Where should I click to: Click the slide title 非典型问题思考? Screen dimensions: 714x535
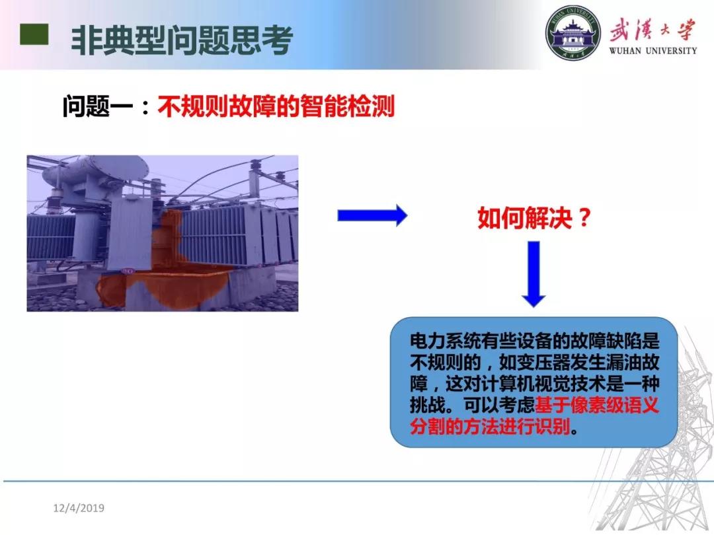pyautogui.click(x=182, y=40)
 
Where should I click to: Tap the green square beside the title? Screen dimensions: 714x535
pyautogui.click(x=34, y=34)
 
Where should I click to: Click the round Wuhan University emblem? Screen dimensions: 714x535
pyautogui.click(x=573, y=33)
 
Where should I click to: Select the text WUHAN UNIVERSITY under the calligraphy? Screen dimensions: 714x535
pyautogui.click(x=653, y=50)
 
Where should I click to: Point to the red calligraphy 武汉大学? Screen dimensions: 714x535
pyautogui.click(x=653, y=30)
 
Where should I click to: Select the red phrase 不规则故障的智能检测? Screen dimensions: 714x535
pyautogui.click(x=276, y=106)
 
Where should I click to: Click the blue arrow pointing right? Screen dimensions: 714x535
pyautogui.click(x=372, y=215)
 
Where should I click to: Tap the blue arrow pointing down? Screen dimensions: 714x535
pyautogui.click(x=534, y=274)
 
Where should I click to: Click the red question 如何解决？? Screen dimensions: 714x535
pyautogui.click(x=534, y=217)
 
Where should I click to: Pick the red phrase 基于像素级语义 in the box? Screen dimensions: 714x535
pyautogui.click(x=597, y=405)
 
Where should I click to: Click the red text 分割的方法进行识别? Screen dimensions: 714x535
pyautogui.click(x=490, y=426)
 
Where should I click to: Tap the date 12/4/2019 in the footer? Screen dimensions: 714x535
pyautogui.click(x=79, y=508)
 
